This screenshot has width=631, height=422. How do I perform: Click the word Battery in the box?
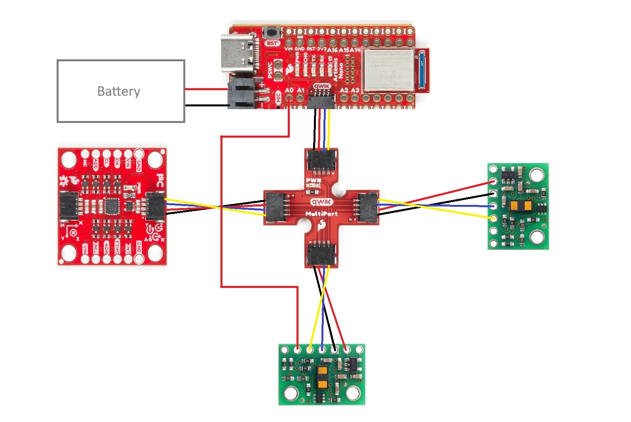[x=119, y=91]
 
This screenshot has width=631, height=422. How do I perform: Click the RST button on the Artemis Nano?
[x=272, y=33]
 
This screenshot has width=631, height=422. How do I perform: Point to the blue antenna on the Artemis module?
[x=423, y=70]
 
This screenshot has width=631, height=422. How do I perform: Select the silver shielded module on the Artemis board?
[x=388, y=70]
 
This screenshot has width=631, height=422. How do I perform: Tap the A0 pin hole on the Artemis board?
[x=290, y=98]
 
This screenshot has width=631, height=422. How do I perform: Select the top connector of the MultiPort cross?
[x=321, y=161]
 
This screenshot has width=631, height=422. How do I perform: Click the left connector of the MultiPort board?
[x=275, y=207]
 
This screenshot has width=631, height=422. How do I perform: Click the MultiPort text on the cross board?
[x=321, y=214]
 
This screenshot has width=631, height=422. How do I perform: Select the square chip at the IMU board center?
[x=112, y=206]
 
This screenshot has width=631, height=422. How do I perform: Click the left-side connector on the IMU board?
[x=69, y=206]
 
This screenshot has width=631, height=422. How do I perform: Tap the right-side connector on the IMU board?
[x=155, y=206]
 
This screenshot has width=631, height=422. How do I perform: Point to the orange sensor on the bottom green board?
[x=322, y=377]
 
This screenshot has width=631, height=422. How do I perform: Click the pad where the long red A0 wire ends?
[x=297, y=349]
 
